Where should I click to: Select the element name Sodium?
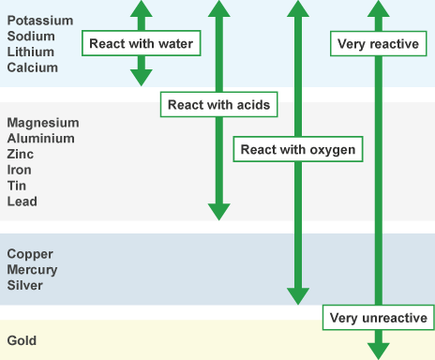click(x=29, y=36)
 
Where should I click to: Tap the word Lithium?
click(x=29, y=52)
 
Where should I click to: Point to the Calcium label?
click(x=32, y=67)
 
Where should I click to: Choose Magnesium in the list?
click(x=42, y=123)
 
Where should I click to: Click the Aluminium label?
click(x=39, y=139)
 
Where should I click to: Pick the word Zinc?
click(x=21, y=154)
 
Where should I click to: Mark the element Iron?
click(x=20, y=170)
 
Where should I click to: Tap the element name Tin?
click(x=17, y=186)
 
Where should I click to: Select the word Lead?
click(x=22, y=202)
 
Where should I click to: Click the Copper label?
click(x=30, y=254)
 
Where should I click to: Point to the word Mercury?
click(x=32, y=270)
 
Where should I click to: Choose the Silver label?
click(x=25, y=286)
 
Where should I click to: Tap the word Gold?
click(x=22, y=340)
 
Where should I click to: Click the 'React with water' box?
click(x=141, y=43)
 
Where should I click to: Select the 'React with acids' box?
click(x=218, y=105)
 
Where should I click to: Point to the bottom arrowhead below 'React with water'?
click(x=141, y=77)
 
